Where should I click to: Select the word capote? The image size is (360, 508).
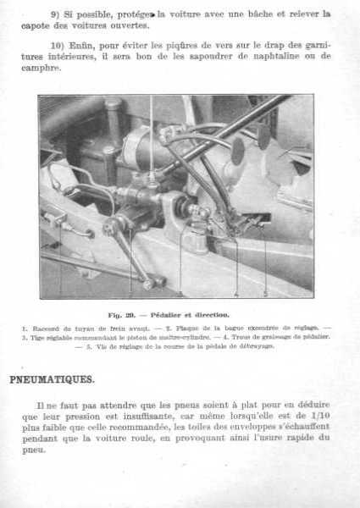(55, 26)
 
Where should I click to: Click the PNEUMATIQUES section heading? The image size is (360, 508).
(53, 379)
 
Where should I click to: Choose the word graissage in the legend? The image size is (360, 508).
(273, 336)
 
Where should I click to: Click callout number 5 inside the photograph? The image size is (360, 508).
(265, 294)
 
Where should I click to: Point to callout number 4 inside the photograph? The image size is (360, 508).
(235, 294)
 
